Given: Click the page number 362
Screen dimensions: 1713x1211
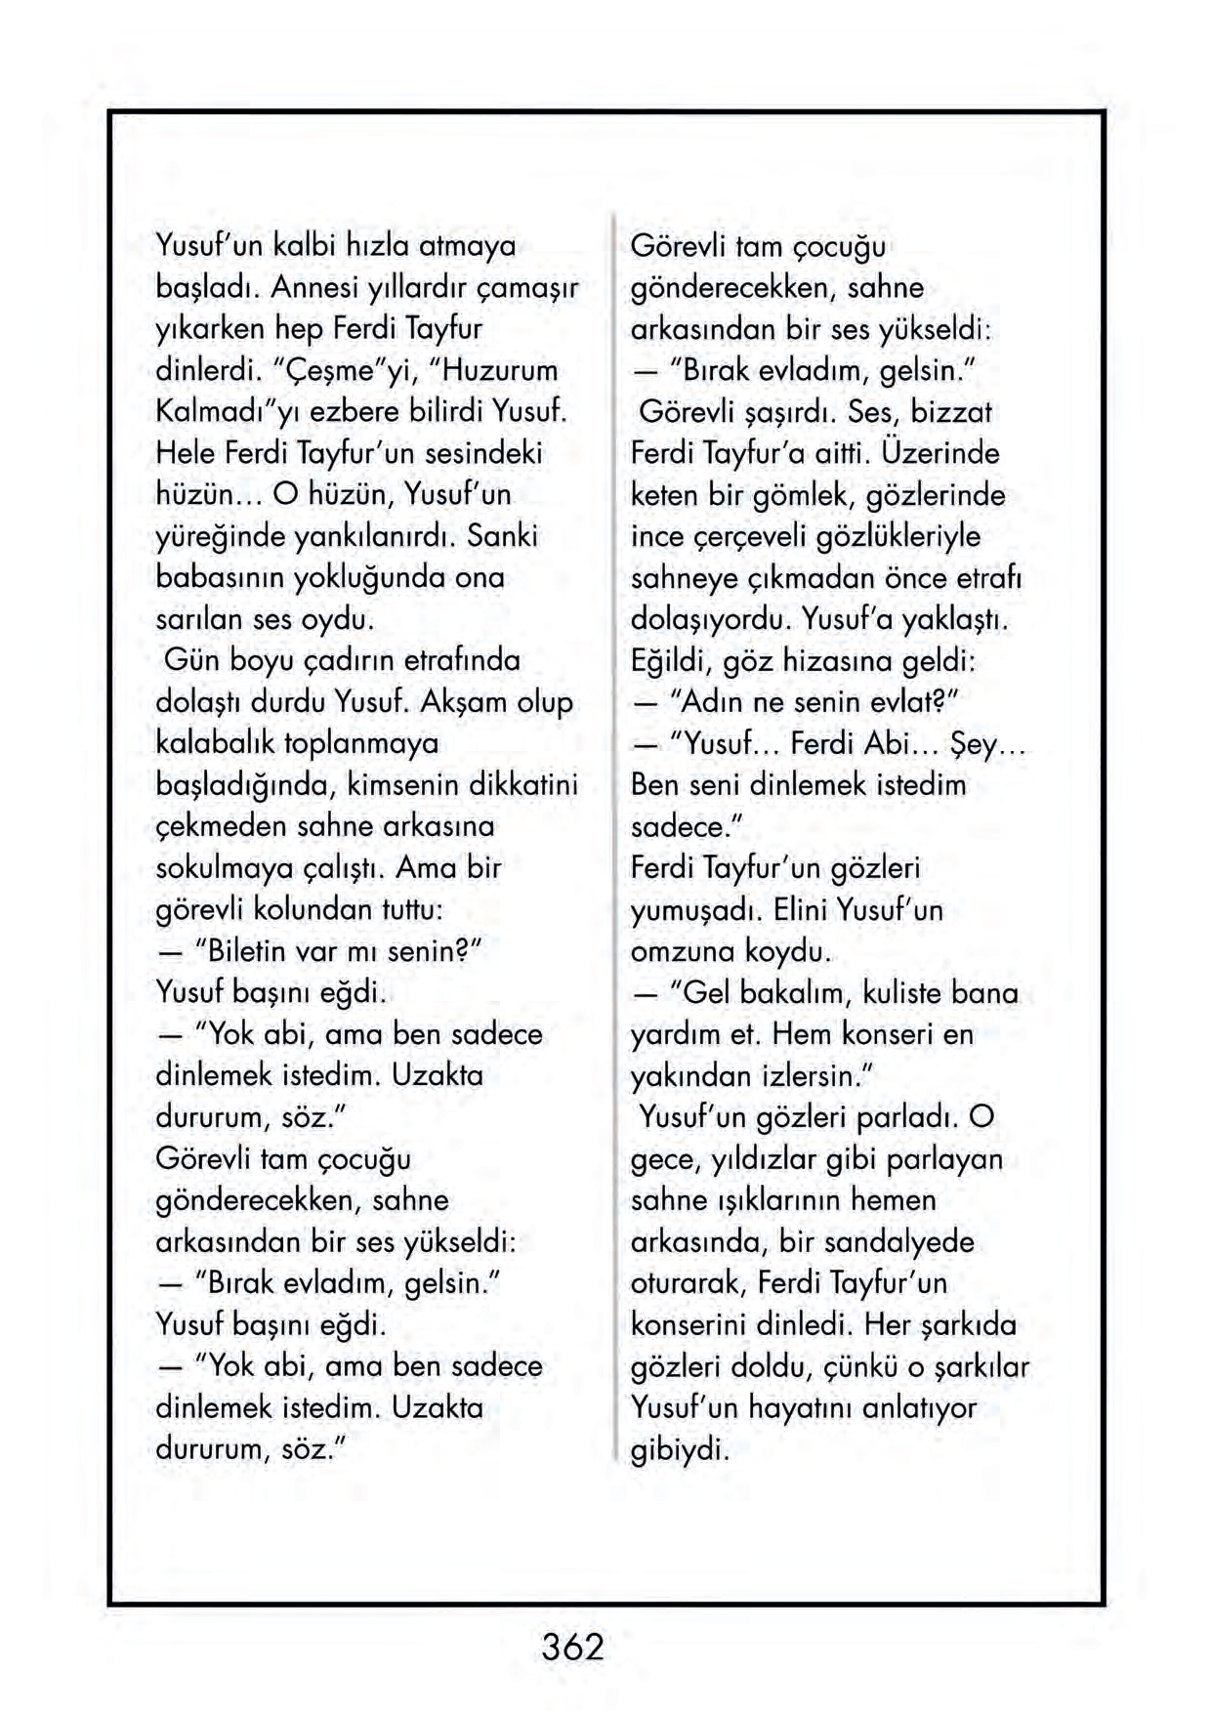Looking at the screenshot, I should tap(573, 1648).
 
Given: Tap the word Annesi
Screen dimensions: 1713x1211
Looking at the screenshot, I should tap(313, 288).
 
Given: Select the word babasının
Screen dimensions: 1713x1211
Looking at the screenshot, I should tap(226, 578).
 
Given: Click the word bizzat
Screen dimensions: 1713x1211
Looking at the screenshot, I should tap(951, 412).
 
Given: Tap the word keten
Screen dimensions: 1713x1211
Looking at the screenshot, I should tap(664, 495).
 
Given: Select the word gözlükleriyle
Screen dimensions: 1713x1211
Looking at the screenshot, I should tap(898, 536).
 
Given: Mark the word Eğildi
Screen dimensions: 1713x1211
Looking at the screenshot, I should tap(671, 661).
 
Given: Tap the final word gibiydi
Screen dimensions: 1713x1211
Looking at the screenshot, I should tap(680, 1449).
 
